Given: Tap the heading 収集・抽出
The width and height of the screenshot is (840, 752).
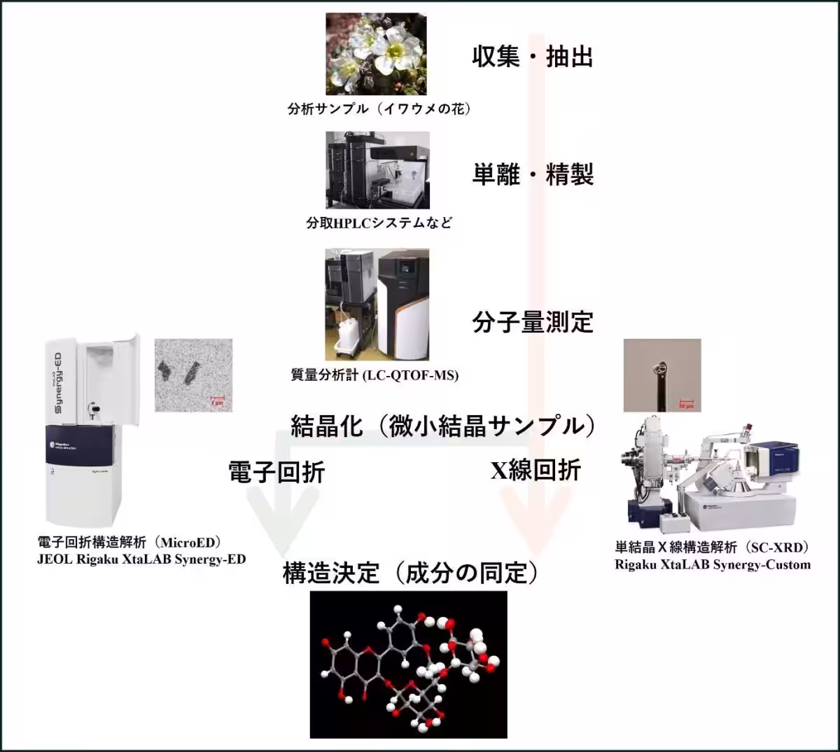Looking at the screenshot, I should pos(532,56).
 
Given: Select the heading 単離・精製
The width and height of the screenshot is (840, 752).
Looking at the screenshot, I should pos(532,174).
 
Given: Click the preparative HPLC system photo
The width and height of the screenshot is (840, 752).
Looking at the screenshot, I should pos(377,170).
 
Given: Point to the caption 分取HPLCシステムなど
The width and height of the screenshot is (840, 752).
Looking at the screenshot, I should pos(379,223).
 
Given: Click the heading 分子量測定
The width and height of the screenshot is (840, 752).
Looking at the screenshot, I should pos(532,322).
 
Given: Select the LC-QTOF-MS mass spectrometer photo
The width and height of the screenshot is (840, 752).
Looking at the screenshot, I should pos(377,304).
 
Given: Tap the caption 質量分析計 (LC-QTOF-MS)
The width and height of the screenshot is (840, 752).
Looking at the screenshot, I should pos(374,375).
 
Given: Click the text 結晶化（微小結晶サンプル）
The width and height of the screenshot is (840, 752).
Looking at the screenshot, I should pos(443,426).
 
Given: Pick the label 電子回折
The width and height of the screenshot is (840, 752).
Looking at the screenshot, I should pos(276,472).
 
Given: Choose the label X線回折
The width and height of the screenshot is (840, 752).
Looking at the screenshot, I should pos(535,471).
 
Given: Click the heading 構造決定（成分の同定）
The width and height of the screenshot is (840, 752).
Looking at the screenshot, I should pos(411,573).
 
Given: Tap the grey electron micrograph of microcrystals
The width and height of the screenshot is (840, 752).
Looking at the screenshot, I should pos(193,375).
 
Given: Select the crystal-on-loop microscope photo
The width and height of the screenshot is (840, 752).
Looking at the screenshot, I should pos(661,375).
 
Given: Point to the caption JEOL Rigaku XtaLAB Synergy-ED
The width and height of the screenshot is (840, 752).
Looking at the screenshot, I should pos(141,559).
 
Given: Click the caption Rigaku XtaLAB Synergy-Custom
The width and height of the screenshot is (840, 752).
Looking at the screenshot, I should pos(713,564).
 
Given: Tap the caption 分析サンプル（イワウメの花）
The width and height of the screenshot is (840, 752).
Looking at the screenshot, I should pos(379,109).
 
